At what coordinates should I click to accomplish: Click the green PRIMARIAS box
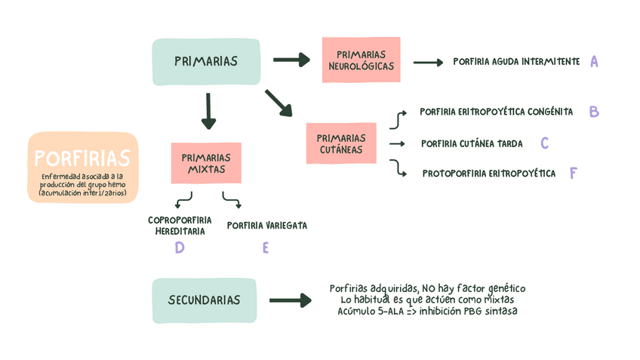pyautogui.click(x=206, y=62)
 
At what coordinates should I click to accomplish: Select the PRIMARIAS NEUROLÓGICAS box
pyautogui.click(x=361, y=60)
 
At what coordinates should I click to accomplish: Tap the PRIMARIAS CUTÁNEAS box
pyautogui.click(x=341, y=143)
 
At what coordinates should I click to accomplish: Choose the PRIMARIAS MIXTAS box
pyautogui.click(x=206, y=163)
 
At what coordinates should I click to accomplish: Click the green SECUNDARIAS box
pyautogui.click(x=205, y=300)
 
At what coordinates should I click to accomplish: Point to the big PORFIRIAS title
pyautogui.click(x=82, y=158)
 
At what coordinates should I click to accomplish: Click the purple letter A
pyautogui.click(x=594, y=62)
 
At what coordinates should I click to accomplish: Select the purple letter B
pyautogui.click(x=594, y=112)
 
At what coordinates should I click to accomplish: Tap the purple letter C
pyautogui.click(x=544, y=143)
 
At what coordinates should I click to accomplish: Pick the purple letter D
pyautogui.click(x=180, y=248)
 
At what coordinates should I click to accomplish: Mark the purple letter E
pyautogui.click(x=266, y=248)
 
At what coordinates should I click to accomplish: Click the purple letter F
pyautogui.click(x=574, y=174)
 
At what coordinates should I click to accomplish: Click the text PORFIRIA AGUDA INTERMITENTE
pyautogui.click(x=516, y=62)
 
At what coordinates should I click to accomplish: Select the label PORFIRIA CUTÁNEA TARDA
pyautogui.click(x=472, y=143)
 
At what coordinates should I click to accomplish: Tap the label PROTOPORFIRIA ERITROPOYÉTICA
pyautogui.click(x=489, y=174)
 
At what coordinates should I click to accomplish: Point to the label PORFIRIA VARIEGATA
pyautogui.click(x=266, y=225)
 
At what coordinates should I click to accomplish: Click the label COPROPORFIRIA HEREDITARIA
pyautogui.click(x=180, y=226)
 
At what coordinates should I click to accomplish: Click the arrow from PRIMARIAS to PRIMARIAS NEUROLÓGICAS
pyautogui.click(x=291, y=59)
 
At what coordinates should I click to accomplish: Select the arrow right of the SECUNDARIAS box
pyautogui.click(x=291, y=300)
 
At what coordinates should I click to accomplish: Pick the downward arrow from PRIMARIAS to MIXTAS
pyautogui.click(x=208, y=111)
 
